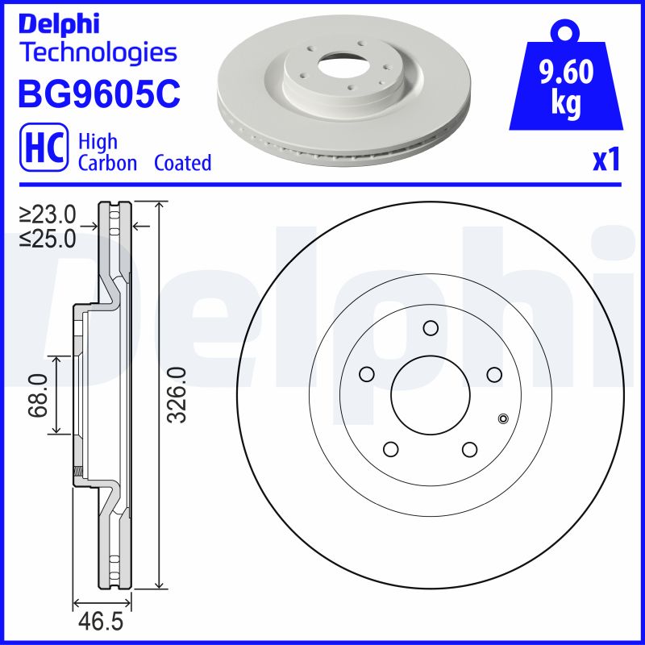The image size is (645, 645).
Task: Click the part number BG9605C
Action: [98, 93]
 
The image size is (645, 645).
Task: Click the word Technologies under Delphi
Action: [98, 53]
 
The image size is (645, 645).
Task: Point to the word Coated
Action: [183, 163]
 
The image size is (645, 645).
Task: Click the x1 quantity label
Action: [605, 160]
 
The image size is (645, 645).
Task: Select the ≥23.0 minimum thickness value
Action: [48, 214]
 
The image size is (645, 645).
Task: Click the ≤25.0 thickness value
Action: [48, 238]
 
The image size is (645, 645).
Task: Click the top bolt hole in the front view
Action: [430, 327]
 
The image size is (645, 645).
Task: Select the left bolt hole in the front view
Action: [367, 374]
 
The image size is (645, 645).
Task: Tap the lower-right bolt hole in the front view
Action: [468, 448]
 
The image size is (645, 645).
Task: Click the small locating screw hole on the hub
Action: [503, 418]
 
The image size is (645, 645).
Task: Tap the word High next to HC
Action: [98, 142]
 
